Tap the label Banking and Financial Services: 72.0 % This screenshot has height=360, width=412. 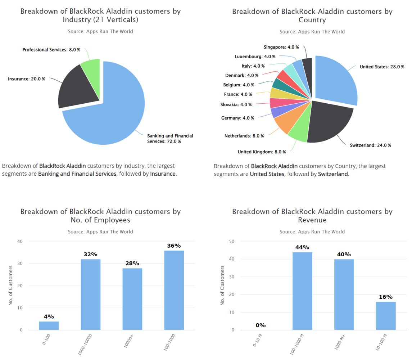coord(170,139)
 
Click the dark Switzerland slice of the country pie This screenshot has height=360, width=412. coord(329,121)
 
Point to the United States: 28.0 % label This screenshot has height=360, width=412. coord(382,67)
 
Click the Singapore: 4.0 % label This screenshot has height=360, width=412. coord(279,47)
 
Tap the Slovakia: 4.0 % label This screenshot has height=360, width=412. coord(236,104)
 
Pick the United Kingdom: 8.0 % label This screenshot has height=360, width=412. coord(262,152)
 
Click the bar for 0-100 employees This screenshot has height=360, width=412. coord(49,325)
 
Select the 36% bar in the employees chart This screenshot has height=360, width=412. coord(174,290)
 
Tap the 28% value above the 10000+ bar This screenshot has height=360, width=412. coord(132,264)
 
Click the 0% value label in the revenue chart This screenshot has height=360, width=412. coord(261,325)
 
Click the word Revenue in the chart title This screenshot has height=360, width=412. coord(312,220)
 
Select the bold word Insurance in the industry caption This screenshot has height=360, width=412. coord(163,174)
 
